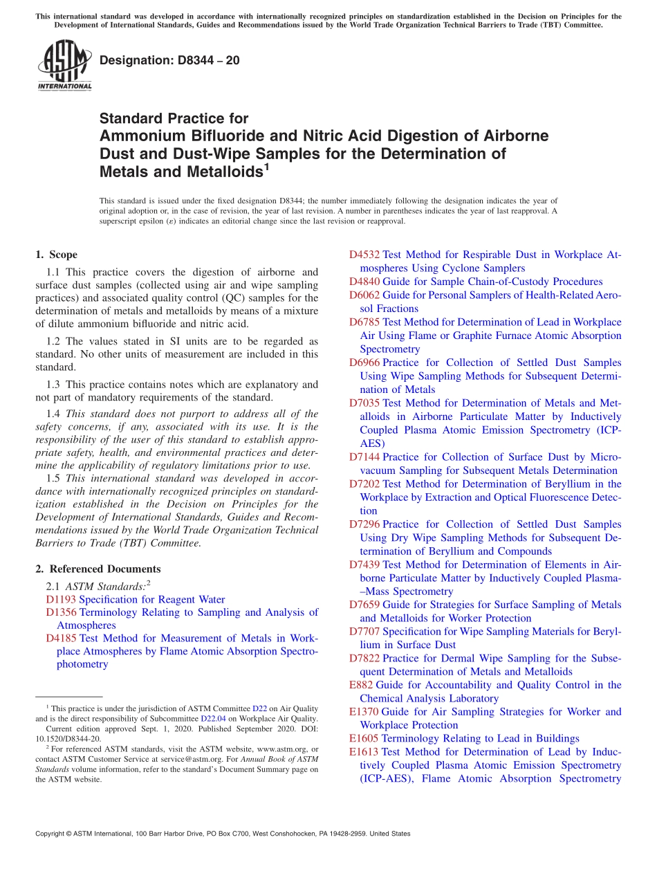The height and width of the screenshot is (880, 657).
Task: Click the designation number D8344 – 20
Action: click(169, 60)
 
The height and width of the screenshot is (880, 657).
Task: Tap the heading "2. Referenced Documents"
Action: click(98, 569)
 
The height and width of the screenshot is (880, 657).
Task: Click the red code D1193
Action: click(61, 599)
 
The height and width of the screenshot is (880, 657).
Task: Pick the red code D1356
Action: click(61, 612)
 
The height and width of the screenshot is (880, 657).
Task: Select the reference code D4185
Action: click(61, 639)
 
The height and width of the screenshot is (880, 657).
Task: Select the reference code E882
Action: click(361, 685)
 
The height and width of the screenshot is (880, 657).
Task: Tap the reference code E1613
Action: click(364, 752)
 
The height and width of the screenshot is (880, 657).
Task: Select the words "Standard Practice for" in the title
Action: click(174, 118)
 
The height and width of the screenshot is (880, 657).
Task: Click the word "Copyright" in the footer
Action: click(50, 834)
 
